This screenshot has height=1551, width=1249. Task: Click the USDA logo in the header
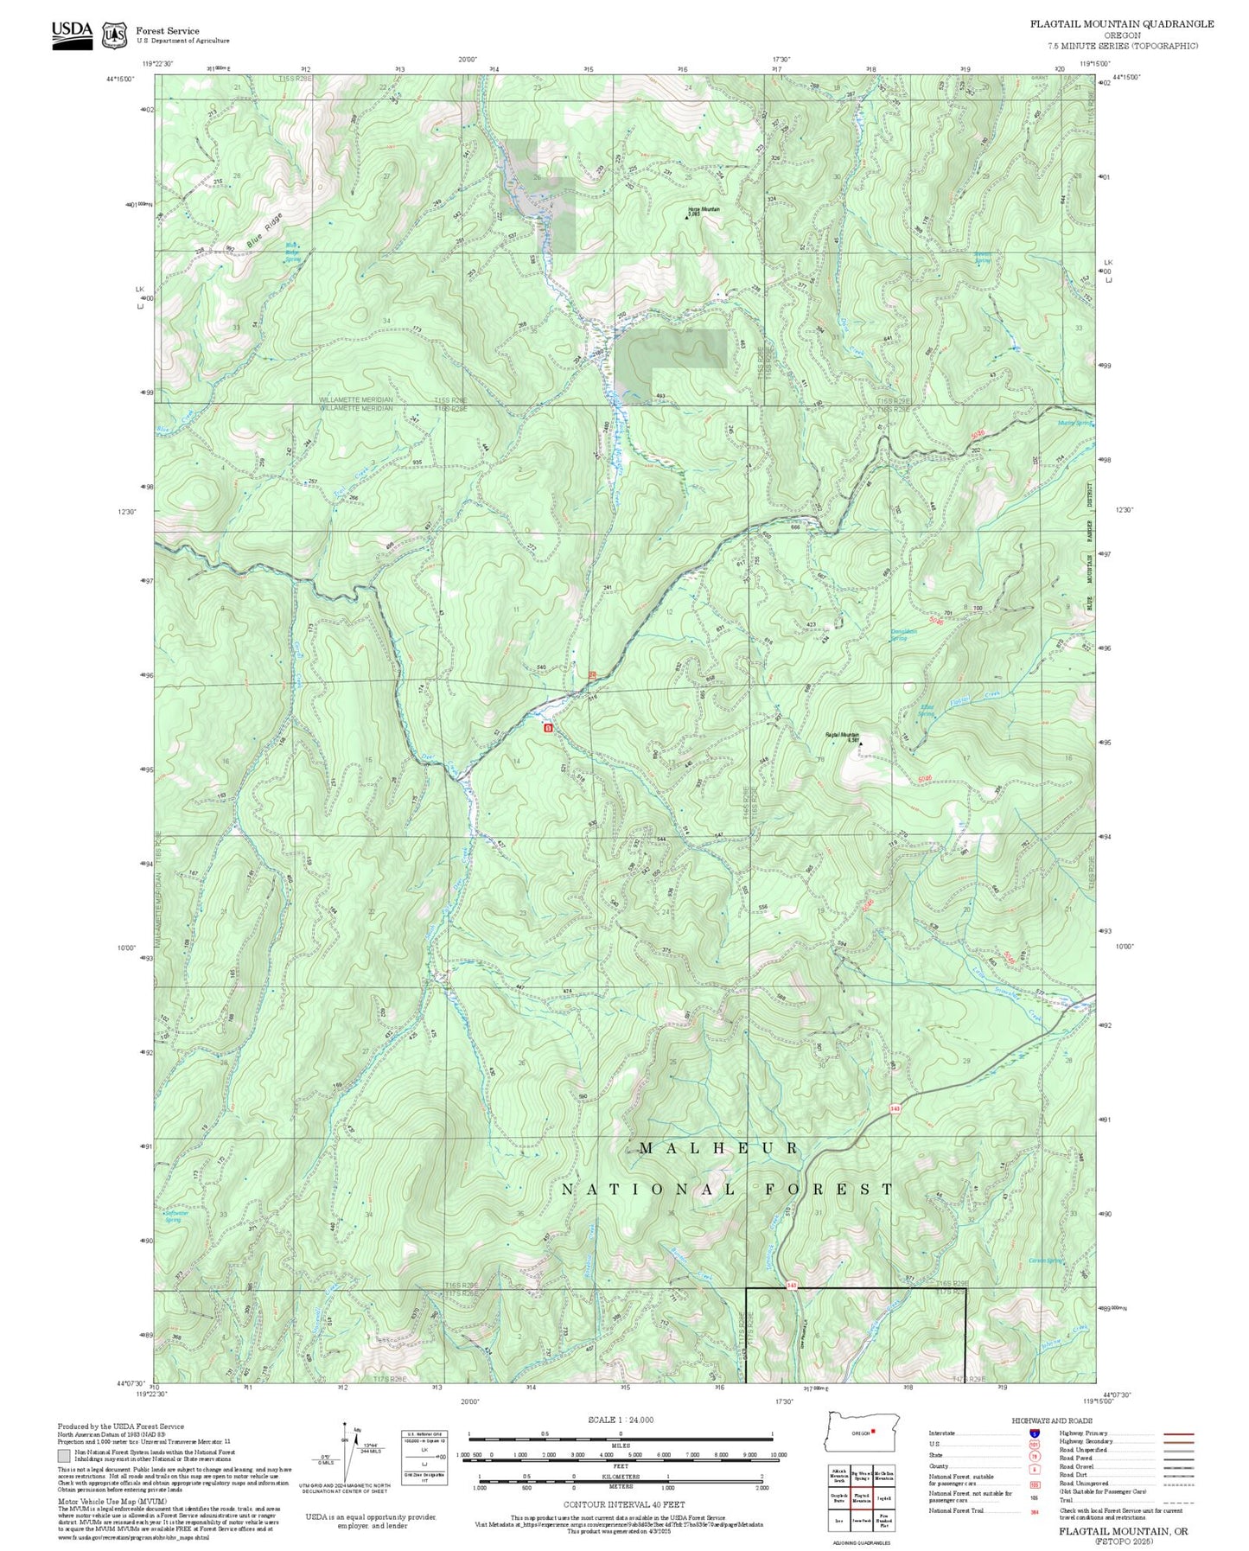(72, 34)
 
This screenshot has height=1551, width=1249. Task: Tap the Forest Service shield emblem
(114, 35)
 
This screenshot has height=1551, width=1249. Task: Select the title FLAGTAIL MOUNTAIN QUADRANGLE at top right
(1121, 24)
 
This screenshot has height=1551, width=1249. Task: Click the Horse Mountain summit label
(704, 209)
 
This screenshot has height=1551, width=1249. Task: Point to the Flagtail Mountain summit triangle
(860, 742)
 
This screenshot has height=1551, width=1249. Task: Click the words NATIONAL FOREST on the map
(727, 1190)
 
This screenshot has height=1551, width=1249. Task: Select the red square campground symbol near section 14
(547, 728)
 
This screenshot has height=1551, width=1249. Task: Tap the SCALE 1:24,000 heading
(620, 1420)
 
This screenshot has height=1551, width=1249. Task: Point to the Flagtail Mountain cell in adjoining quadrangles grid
(861, 1497)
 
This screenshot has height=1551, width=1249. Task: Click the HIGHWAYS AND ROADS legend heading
(1052, 1420)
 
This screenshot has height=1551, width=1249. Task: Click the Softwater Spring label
(175, 1216)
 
